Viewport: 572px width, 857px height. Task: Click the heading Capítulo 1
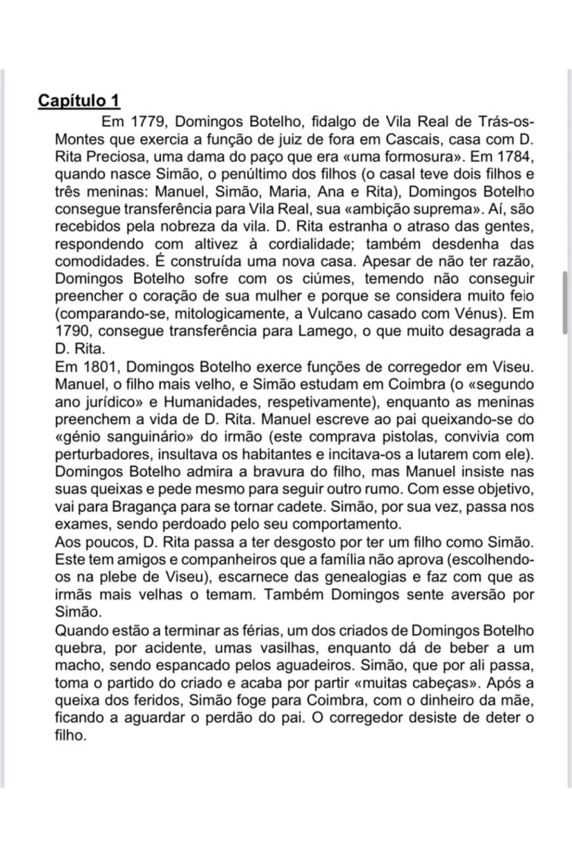[79, 100]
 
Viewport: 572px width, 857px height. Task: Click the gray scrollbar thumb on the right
[566, 293]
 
